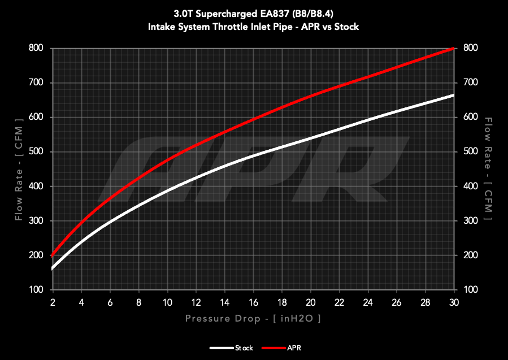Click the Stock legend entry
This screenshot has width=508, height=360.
coord(231,348)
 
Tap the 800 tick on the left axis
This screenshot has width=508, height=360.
coord(36,48)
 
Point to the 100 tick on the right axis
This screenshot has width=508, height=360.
coord(470,289)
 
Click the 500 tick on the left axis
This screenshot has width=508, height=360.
coord(36,151)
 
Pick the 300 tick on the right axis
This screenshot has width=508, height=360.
coord(470,220)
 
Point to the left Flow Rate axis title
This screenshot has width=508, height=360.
coord(19,169)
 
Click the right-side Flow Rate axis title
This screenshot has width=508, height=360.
coord(489,169)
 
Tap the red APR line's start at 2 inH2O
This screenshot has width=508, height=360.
coord(52,255)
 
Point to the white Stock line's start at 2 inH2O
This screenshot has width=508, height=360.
coord(52,268)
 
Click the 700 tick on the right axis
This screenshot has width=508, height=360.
coord(470,83)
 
